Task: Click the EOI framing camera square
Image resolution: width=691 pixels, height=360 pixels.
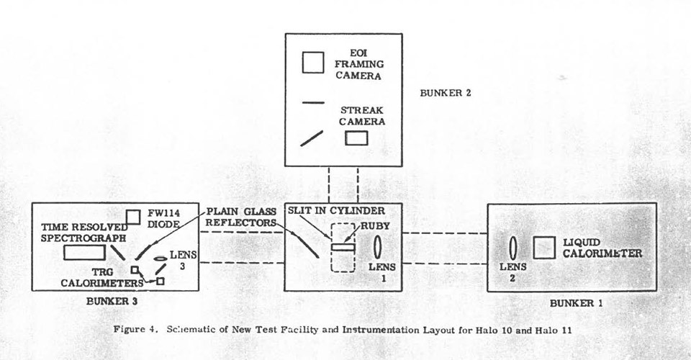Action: tap(312, 62)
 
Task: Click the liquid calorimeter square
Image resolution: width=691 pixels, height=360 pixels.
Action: tap(543, 248)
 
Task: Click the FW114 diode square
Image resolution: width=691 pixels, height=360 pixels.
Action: tap(132, 217)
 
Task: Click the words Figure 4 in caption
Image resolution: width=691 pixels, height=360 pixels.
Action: tap(136, 329)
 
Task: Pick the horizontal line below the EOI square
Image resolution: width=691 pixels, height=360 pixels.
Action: tap(312, 102)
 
